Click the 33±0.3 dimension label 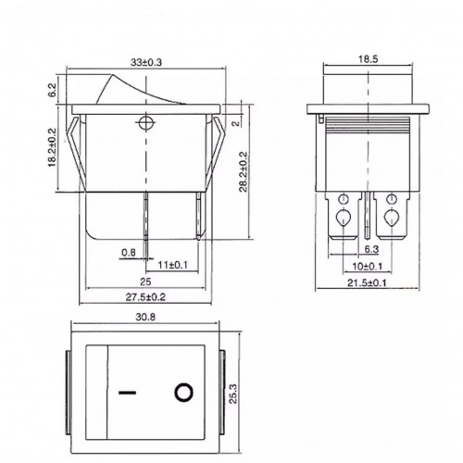pos(146,62)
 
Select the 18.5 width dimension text pos(368,59)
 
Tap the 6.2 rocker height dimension pos(52,90)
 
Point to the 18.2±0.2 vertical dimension pos(52,147)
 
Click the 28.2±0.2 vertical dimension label pos(244,171)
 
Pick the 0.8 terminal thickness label pos(129,253)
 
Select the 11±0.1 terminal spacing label pos(173,265)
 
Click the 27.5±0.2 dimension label pos(145,297)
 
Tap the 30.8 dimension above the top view pos(145,317)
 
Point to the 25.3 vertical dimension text pos(232,394)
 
